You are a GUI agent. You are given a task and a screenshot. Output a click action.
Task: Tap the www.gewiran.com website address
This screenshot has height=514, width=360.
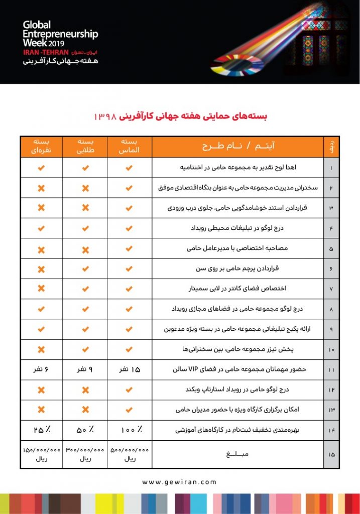(x=179, y=482)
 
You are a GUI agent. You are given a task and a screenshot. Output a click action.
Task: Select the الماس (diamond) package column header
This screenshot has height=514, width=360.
(x=129, y=146)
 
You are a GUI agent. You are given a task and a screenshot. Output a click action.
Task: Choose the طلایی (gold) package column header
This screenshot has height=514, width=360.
(x=85, y=146)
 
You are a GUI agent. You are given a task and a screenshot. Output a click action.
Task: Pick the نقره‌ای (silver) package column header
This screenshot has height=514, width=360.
(x=41, y=146)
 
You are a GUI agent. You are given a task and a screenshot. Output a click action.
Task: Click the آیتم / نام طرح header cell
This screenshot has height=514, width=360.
(x=237, y=146)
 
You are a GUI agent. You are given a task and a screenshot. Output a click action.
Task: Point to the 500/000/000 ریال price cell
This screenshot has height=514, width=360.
(x=129, y=454)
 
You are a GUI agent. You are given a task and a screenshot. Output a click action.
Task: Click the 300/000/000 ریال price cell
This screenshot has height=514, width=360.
(x=85, y=454)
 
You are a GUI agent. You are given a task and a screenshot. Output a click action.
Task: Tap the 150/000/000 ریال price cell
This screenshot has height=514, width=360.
(x=41, y=454)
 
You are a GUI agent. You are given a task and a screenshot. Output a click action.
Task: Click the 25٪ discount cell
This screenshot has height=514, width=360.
(x=41, y=430)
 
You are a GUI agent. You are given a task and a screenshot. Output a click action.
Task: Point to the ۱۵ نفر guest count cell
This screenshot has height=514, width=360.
(x=129, y=370)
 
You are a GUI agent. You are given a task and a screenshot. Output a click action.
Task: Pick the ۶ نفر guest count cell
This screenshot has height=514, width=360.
(x=41, y=370)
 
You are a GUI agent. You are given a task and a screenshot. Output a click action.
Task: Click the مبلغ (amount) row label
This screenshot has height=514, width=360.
(x=237, y=454)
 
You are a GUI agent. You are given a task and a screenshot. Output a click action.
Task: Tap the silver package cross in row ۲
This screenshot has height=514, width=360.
(x=41, y=188)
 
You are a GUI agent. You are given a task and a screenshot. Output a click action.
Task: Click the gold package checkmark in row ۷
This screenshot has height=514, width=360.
(x=85, y=289)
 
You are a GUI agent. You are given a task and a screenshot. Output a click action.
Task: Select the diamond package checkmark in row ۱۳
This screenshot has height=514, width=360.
(x=129, y=410)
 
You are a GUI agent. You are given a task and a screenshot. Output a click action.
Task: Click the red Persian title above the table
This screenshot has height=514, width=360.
(x=180, y=115)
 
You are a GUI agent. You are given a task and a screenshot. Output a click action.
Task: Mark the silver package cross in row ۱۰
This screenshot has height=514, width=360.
(x=41, y=349)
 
